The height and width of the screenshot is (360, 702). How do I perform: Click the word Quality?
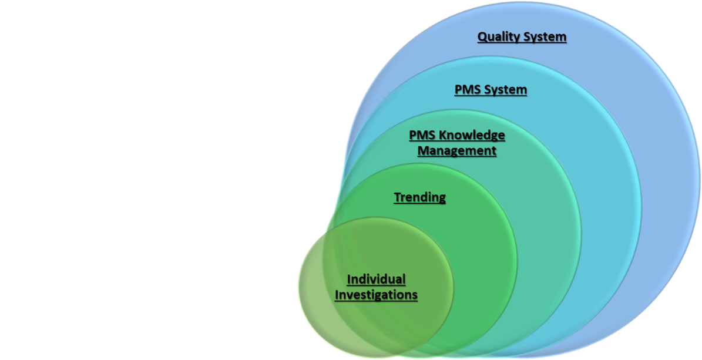(x=499, y=37)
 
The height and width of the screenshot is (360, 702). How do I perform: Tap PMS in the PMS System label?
(x=468, y=90)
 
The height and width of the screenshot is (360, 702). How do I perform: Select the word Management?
(x=456, y=151)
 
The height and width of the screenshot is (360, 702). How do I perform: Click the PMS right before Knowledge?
(x=421, y=135)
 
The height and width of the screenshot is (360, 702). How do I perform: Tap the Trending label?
(x=419, y=197)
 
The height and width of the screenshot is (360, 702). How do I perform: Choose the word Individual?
(x=376, y=278)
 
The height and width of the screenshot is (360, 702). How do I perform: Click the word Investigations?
(x=376, y=294)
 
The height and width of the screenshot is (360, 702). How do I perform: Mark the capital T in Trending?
(x=397, y=197)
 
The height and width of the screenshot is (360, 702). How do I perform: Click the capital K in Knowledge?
(x=441, y=135)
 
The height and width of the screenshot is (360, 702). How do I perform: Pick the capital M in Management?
(x=422, y=151)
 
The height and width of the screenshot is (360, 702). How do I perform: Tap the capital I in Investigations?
(x=337, y=294)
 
